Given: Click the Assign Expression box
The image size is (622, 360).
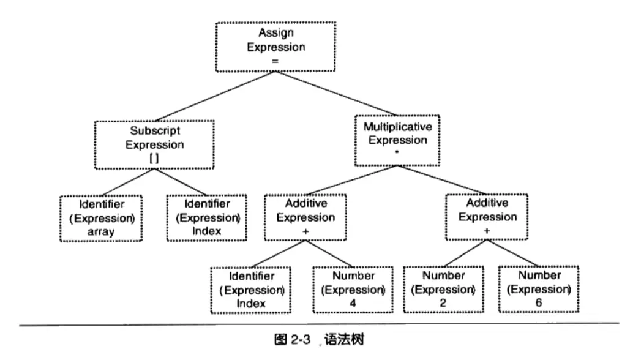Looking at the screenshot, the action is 275,47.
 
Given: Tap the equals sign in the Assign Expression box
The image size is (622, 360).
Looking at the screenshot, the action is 275,61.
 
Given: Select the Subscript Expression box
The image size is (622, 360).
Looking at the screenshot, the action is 154,145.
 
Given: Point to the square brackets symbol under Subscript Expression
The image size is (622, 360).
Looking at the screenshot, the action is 154,159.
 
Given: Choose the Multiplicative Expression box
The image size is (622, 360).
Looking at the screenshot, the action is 397,140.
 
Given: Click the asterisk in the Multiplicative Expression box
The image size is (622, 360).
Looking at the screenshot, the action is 397,152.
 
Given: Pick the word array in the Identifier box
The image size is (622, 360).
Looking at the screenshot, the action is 101,231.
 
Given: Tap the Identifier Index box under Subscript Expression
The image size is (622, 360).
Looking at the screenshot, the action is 207,218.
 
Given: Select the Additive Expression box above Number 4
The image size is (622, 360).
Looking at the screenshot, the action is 305,217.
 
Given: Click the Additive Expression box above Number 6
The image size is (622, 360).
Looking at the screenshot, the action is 487,217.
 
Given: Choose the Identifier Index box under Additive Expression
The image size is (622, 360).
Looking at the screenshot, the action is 251,290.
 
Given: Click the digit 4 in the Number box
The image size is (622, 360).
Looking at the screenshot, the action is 353,303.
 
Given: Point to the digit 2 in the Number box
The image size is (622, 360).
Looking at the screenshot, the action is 443,303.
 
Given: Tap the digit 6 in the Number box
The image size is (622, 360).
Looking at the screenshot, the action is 538,302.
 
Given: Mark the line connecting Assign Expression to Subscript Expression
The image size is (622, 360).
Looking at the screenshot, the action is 215,96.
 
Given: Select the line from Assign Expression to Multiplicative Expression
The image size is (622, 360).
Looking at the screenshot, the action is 336,94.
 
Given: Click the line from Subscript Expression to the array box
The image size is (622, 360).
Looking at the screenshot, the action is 128,182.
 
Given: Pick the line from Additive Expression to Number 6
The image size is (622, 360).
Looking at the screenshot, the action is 513,253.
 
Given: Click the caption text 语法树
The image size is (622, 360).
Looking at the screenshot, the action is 344,340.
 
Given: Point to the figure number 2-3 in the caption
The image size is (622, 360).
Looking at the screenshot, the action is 301,340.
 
